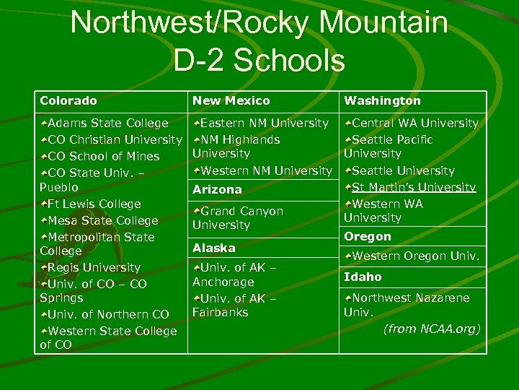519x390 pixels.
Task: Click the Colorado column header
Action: coord(68,101)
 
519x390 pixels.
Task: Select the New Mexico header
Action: coord(231,101)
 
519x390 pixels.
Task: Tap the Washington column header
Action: coord(382,101)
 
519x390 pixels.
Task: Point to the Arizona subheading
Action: coord(217,189)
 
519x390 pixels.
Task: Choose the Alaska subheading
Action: coord(214,248)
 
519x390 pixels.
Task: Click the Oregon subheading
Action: coord(368,236)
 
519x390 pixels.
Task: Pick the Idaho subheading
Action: coord(363,277)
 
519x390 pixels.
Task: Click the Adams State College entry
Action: coord(107,123)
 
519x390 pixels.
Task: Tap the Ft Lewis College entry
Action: coord(94,204)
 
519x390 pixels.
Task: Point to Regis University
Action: coord(94,267)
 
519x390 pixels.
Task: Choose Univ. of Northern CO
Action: coord(108,314)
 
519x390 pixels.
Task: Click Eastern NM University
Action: coord(264,123)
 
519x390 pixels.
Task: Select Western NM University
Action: coord(266,170)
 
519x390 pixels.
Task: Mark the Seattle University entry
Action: coord(403,171)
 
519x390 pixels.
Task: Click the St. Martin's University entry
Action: coord(413,188)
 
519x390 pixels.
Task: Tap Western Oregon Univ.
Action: coord(416,256)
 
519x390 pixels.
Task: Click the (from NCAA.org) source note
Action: coord(432,329)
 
